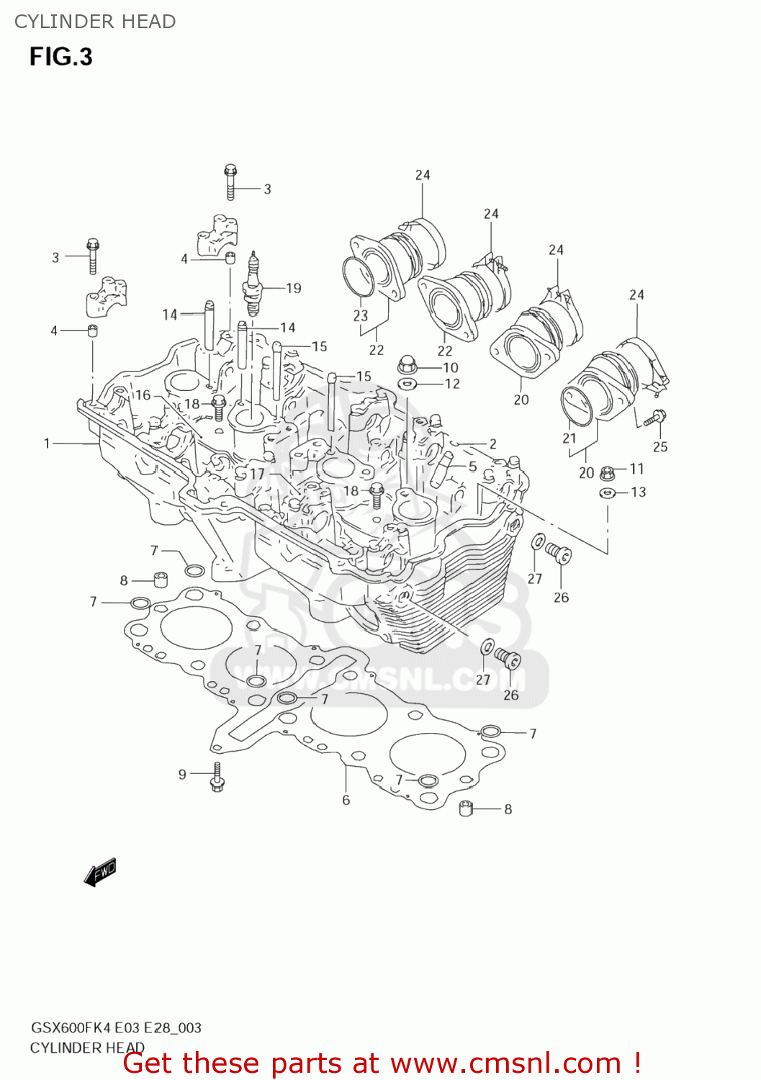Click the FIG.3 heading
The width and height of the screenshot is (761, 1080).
(60, 57)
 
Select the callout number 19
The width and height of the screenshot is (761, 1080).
(293, 288)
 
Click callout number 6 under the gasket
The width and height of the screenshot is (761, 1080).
(346, 800)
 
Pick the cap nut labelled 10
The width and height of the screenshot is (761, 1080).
(407, 365)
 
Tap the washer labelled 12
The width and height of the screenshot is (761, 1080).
(407, 383)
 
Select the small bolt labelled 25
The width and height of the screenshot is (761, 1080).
(656, 416)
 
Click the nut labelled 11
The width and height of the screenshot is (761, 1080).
(607, 473)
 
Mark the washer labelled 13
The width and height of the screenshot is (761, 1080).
(607, 493)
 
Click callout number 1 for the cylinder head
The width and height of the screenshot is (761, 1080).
(47, 444)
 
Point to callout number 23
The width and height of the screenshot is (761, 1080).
(360, 315)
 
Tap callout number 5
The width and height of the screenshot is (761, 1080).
(472, 467)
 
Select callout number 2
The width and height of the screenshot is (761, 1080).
(492, 444)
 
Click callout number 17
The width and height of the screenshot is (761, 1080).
(257, 474)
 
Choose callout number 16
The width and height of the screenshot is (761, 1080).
(143, 395)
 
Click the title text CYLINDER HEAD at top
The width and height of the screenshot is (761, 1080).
(95, 22)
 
